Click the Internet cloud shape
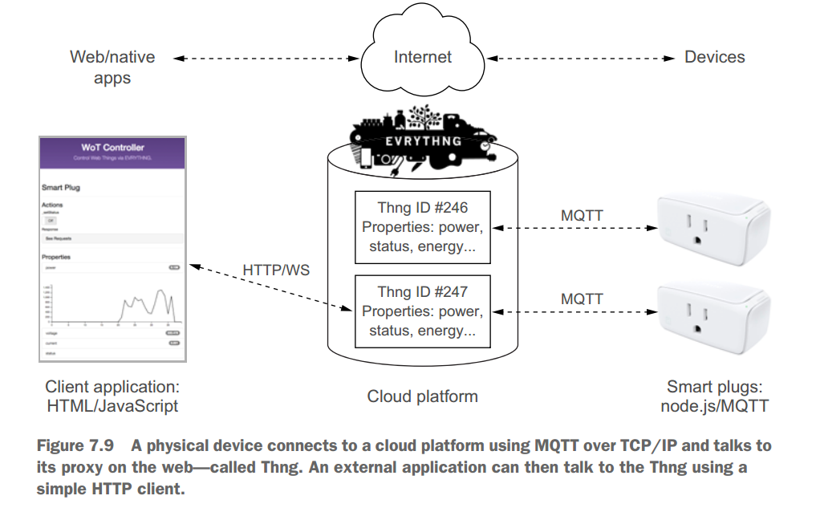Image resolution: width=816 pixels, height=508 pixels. point(423,57)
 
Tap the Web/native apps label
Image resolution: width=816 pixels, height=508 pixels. point(112,67)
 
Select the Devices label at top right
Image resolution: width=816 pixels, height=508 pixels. point(714,57)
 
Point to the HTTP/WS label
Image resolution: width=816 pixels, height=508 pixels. point(276,270)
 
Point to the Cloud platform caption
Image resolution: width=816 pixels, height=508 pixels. point(423,396)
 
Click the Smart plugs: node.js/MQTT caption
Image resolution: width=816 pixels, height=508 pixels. point(714,396)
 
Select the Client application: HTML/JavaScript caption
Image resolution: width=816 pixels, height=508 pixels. point(112,396)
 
